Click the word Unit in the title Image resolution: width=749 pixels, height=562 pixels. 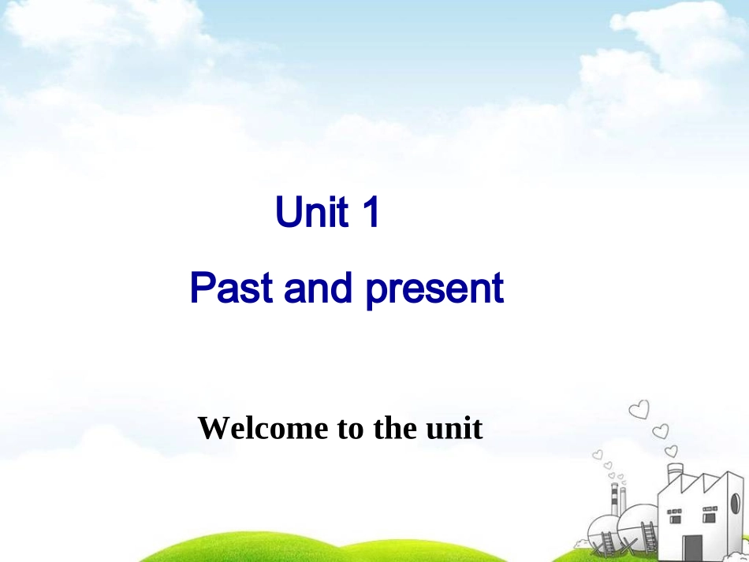311,213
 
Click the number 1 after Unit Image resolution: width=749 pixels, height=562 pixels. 370,213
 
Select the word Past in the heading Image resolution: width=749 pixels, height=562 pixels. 232,288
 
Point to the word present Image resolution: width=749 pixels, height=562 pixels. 434,290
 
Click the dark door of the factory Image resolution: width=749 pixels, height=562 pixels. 692,547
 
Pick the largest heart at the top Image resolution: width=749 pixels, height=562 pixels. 639,410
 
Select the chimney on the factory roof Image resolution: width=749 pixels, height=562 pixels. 675,472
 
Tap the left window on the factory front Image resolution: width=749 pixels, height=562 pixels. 676,519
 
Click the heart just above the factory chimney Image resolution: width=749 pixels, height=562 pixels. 671,451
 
